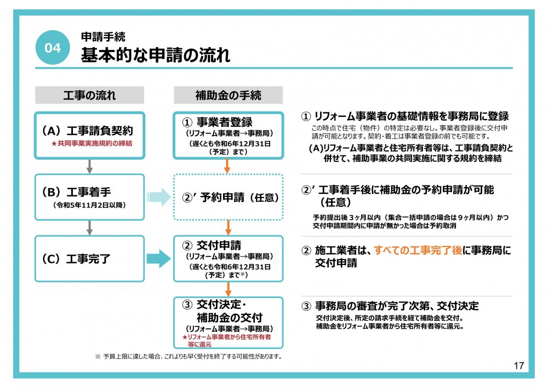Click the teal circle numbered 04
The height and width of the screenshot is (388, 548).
53,47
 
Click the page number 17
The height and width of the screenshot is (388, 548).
518,365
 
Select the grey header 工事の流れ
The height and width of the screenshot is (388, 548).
89,95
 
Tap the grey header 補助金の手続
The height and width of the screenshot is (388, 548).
228,95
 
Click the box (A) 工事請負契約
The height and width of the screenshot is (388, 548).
89,136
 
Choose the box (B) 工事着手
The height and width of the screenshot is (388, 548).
89,197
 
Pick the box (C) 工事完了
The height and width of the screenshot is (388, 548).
89,258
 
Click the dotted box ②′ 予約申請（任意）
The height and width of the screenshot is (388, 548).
228,197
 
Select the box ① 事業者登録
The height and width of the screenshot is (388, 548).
228,136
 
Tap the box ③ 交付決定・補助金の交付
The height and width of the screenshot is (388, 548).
228,323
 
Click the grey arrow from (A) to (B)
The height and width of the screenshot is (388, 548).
89,166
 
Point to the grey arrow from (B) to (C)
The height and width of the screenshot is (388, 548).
89,228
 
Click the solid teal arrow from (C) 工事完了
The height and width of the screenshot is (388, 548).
159,258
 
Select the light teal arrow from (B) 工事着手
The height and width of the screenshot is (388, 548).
159,197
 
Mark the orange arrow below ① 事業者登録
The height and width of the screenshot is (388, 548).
227,166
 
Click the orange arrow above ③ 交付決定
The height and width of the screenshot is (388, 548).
228,289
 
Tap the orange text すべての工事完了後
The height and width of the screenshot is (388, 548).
418,250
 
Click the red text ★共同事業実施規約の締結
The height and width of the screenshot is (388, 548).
92,143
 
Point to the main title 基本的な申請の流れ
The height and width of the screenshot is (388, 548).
156,55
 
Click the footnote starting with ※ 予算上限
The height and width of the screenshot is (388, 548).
189,357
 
